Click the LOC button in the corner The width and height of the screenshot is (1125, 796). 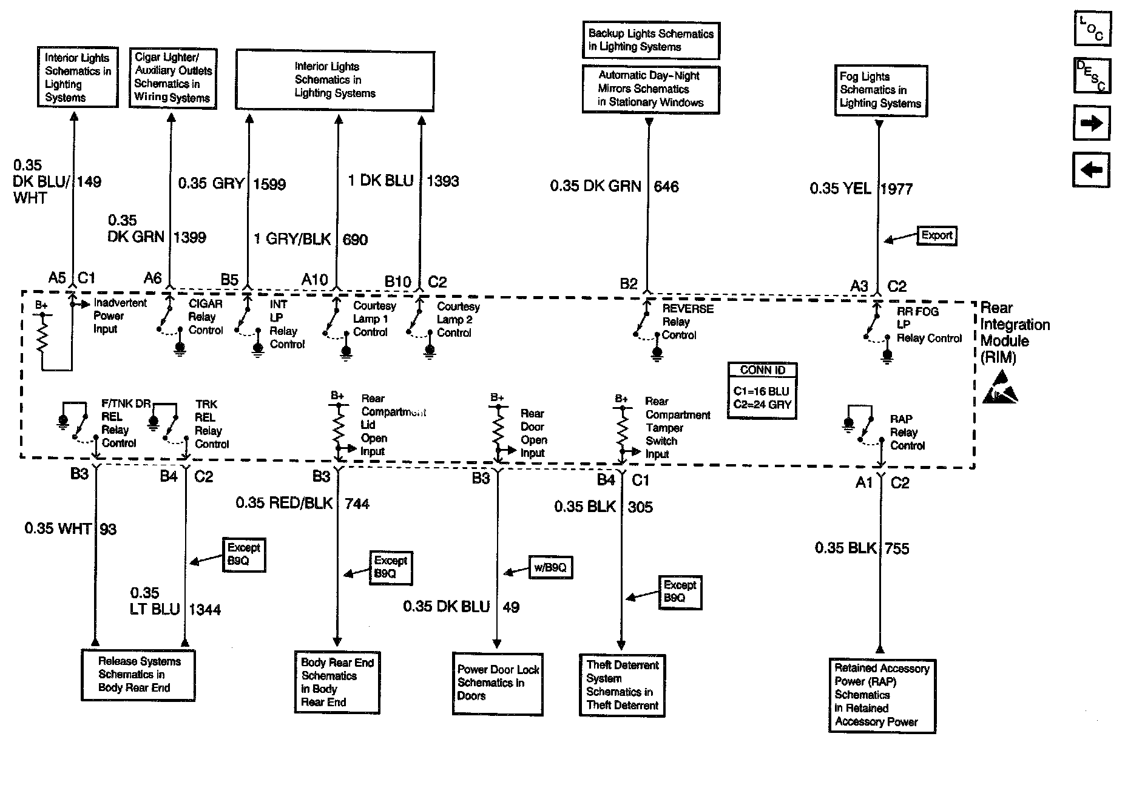(1092, 29)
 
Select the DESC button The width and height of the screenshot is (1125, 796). (1092, 76)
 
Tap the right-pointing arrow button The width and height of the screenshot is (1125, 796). (1092, 123)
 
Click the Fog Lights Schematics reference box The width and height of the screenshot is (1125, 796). (880, 90)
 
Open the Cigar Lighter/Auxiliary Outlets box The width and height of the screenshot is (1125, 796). (173, 78)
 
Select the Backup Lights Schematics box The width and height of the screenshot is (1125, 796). (651, 40)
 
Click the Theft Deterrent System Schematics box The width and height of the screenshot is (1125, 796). (622, 685)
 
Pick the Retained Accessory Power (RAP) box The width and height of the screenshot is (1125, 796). (882, 695)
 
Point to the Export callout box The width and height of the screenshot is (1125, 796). (937, 235)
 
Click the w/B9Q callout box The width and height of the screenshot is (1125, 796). (550, 568)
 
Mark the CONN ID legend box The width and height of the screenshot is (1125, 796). (763, 391)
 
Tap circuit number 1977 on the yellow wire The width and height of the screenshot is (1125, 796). (897, 189)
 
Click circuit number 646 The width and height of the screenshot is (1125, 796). (666, 186)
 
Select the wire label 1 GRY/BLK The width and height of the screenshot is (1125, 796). (292, 239)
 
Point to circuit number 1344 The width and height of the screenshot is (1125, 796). (205, 609)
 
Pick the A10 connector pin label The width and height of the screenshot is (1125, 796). (315, 280)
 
